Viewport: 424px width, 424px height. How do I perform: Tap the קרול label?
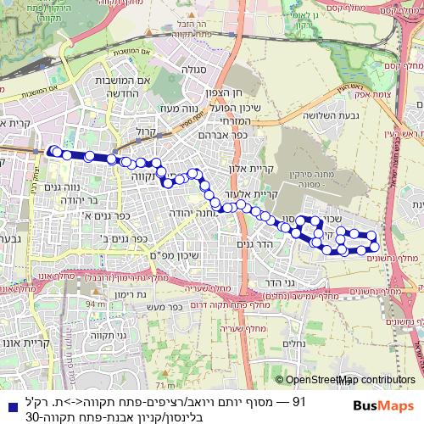tap(147, 133)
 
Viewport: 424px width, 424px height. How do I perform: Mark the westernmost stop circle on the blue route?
tap(53, 151)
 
